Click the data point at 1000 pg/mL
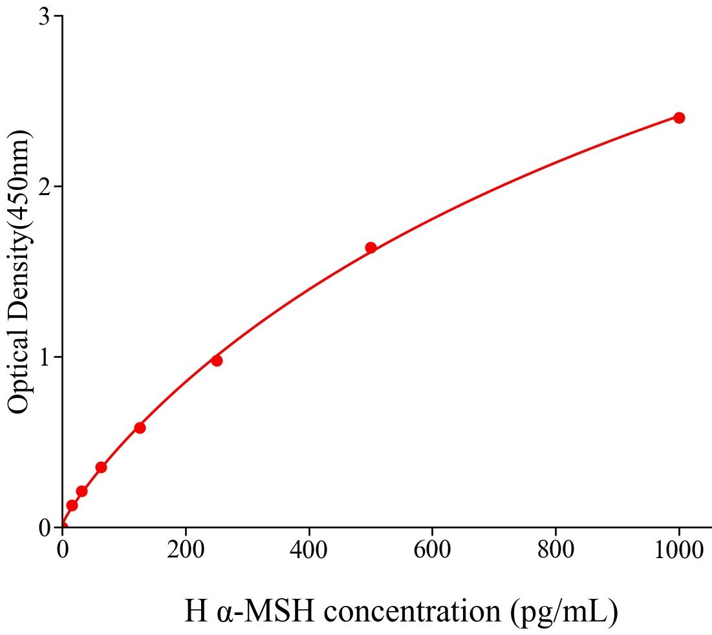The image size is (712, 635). click(679, 118)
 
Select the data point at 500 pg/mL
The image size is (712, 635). click(371, 247)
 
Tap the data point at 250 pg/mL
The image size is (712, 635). click(217, 360)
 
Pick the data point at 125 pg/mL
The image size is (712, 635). click(140, 428)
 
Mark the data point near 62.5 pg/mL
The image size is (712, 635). click(101, 467)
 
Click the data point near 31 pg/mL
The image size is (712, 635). click(81, 491)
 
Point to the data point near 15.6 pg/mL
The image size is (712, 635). click(72, 505)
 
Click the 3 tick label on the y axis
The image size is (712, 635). click(45, 17)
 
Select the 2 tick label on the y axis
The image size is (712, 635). click(45, 187)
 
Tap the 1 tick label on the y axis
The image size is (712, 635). click(45, 357)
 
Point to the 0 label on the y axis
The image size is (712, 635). click(45, 528)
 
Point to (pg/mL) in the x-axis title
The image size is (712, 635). click(564, 612)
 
